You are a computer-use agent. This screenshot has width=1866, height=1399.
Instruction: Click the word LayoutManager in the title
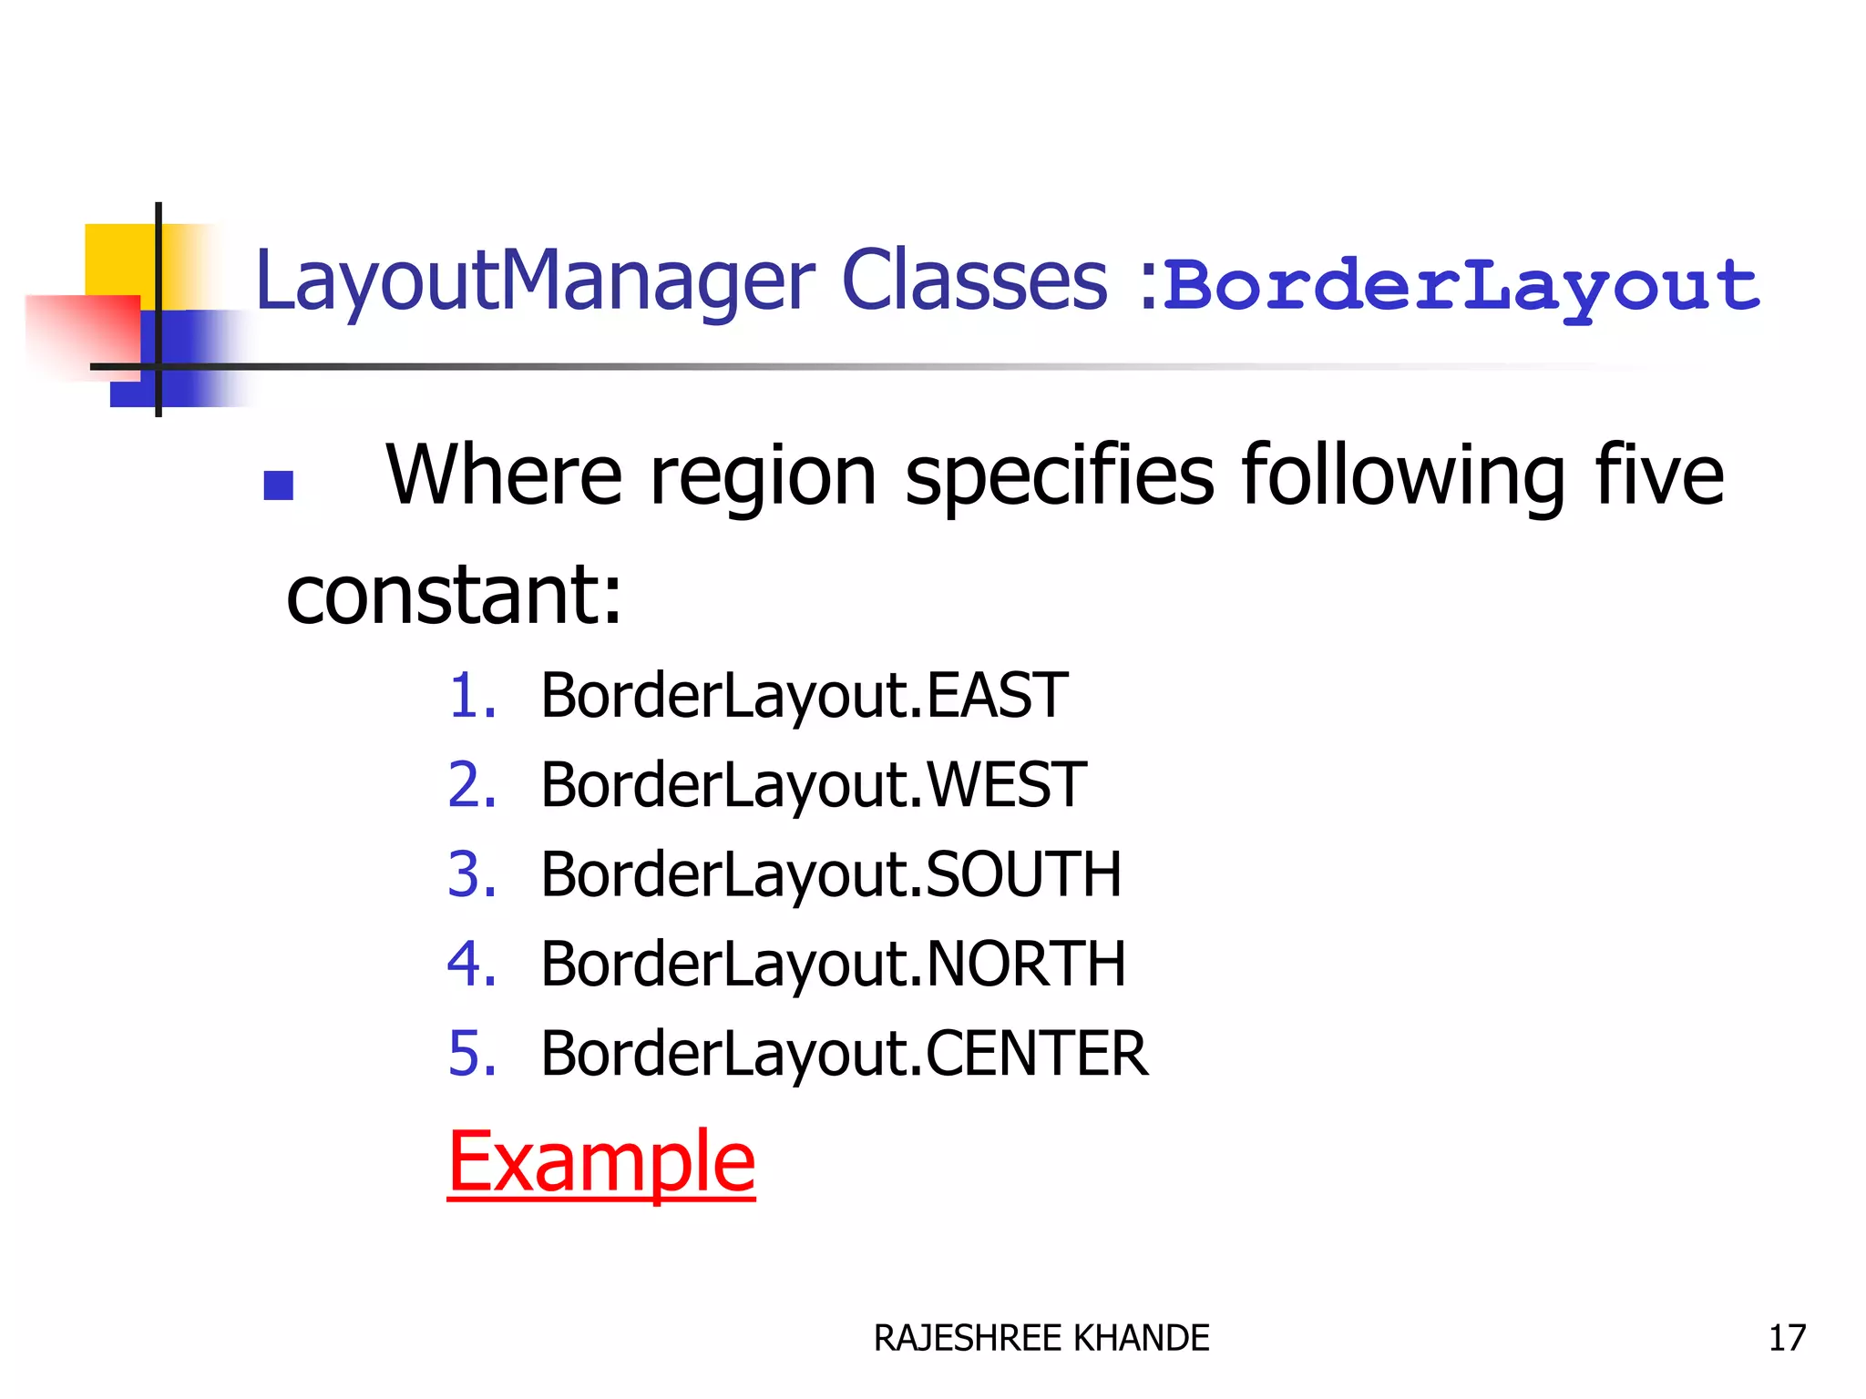pos(535,282)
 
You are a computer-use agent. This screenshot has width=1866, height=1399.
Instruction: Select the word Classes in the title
pos(974,281)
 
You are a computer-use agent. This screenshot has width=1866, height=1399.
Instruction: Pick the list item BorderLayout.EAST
pos(804,696)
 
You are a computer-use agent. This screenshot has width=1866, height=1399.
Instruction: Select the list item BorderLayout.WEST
pos(813,785)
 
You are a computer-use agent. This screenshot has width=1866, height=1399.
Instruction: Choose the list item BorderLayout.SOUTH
pos(830,874)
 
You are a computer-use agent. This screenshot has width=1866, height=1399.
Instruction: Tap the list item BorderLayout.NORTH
pos(833,964)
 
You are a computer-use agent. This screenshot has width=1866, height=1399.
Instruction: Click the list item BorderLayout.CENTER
pos(844,1054)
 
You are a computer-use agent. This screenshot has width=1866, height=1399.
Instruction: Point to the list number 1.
pos(472,696)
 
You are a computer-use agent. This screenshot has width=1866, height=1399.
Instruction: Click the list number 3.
pos(472,874)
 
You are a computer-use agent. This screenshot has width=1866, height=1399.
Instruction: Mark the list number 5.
pos(472,1054)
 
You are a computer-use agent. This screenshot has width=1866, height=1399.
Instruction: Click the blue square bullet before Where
pos(278,485)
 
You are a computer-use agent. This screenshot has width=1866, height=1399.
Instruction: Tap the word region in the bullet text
pos(764,475)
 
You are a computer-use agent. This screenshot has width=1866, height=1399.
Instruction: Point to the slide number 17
pos(1787,1338)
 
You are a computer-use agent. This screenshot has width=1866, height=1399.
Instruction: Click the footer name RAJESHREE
pos(969,1339)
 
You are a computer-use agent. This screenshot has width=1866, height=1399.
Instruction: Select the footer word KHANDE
pos(1142,1339)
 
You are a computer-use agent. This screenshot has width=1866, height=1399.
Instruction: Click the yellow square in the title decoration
pos(119,260)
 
